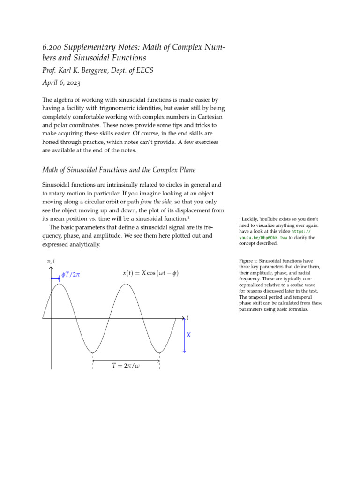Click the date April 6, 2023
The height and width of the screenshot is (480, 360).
point(61,83)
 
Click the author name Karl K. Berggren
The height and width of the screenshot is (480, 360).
point(85,71)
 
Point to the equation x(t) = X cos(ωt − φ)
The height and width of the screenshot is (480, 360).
point(150,273)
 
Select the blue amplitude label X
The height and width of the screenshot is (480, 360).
point(189,335)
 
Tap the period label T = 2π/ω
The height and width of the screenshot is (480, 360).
point(126,366)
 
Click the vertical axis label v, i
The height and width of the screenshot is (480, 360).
point(51,261)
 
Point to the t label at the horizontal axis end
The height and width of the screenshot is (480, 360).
point(187,318)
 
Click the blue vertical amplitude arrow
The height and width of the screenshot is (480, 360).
point(184,335)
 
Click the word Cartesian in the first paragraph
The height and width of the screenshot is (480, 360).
point(204,116)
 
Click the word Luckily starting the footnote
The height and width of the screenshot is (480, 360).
point(251,219)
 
